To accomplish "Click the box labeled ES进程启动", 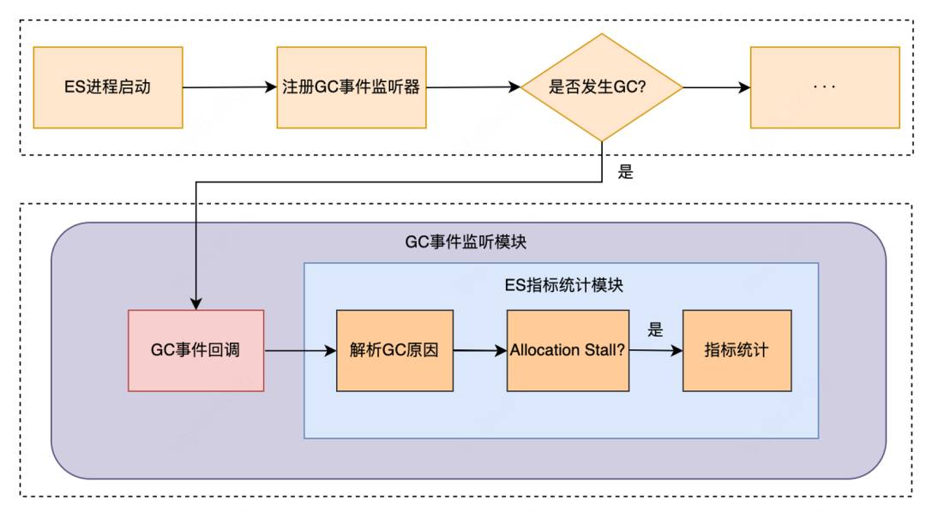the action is coord(108,87).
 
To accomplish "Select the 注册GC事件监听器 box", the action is coord(352,87).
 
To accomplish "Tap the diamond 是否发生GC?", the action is coord(602,87).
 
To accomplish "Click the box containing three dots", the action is coord(825,87).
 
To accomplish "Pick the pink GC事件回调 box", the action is coord(196,350).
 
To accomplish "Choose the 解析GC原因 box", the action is coord(394,350).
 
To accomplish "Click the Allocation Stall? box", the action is coord(568,350).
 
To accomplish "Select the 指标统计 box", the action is coord(737,350).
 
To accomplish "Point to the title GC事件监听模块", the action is coord(466,241).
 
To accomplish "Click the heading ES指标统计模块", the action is coord(564,285).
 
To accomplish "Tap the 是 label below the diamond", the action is coord(625,171).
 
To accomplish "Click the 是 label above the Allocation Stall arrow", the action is coord(656,329).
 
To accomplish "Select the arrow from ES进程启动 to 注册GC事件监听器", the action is coord(230,87).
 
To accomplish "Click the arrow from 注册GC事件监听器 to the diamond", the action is coord(473,87).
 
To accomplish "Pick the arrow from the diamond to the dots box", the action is coord(716,87).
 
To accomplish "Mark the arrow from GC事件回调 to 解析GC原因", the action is coord(301,351).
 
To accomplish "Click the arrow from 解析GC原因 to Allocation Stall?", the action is coord(480,351).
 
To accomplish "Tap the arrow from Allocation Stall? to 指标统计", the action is coord(656,350).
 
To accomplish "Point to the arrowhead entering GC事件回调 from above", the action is coord(196,303).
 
